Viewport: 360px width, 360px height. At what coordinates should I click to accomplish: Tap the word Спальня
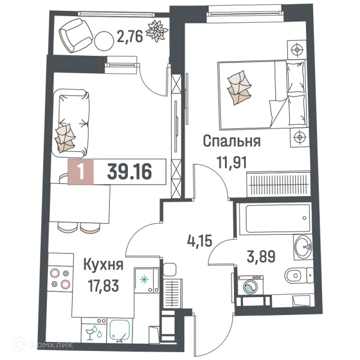click(231, 142)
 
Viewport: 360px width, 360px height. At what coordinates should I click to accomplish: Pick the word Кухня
click(103, 265)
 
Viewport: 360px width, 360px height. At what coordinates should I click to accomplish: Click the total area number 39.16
click(128, 173)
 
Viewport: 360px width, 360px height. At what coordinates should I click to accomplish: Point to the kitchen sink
click(124, 331)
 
